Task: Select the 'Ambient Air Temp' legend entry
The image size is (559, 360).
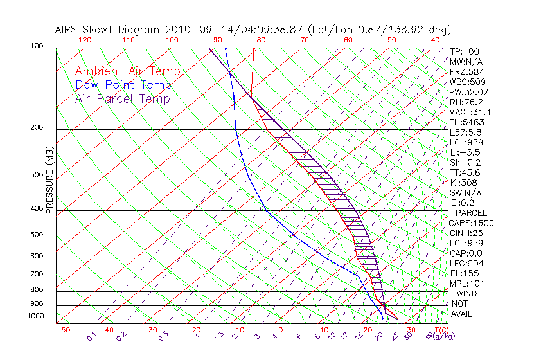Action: click(127, 71)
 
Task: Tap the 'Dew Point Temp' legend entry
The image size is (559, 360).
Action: click(123, 85)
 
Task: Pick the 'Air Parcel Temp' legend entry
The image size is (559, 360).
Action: click(123, 98)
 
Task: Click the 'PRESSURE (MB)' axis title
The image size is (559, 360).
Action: click(49, 181)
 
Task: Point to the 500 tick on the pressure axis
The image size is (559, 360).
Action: click(36, 235)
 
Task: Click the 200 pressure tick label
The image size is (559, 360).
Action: click(36, 128)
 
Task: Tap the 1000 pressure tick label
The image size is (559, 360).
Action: click(35, 316)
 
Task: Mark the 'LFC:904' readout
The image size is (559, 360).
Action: click(466, 264)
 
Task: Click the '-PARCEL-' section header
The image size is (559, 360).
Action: click(471, 213)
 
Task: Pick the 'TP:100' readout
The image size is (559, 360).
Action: click(464, 51)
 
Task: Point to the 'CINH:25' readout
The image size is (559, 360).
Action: click(465, 233)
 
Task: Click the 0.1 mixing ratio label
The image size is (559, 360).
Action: click(92, 336)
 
